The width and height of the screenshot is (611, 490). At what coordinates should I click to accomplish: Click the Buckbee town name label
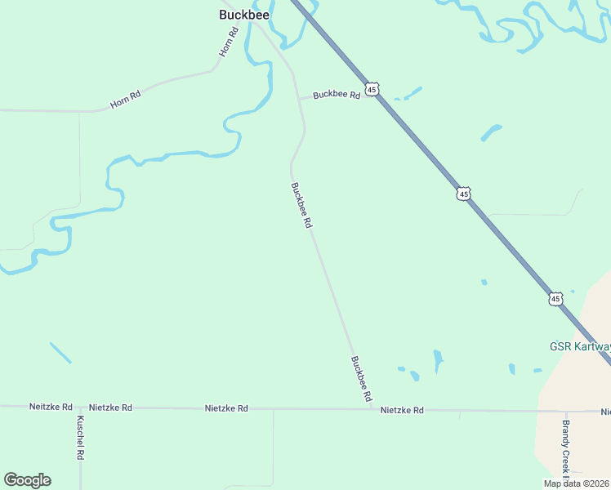click(244, 15)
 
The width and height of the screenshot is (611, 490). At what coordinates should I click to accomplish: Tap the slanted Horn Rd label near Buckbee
click(228, 42)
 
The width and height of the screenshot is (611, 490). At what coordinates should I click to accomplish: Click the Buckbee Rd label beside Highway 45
click(337, 96)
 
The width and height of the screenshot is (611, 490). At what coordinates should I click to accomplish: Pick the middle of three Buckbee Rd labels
click(301, 204)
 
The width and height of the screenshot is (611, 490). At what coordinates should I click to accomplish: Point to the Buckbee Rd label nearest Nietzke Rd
click(361, 378)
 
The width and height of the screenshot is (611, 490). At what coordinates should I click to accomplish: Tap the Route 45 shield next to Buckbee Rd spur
click(372, 89)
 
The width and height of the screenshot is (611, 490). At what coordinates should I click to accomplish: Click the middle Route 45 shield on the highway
click(463, 194)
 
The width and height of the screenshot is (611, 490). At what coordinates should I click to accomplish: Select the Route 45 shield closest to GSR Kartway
click(555, 299)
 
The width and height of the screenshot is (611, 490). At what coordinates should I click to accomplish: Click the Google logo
click(27, 480)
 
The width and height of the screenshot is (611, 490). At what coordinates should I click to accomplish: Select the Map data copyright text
click(576, 483)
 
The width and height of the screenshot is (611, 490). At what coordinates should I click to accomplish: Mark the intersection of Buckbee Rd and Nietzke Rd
click(372, 408)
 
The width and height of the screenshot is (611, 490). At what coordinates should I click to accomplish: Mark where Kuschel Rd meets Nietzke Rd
click(80, 406)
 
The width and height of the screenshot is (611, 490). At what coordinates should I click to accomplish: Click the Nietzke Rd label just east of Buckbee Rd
click(402, 410)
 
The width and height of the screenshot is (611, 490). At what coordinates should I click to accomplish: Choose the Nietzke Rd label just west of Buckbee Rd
click(226, 408)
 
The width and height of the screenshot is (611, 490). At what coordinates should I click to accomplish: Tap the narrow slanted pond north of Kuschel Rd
click(60, 353)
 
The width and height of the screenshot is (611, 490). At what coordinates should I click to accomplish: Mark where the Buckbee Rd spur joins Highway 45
click(380, 96)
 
